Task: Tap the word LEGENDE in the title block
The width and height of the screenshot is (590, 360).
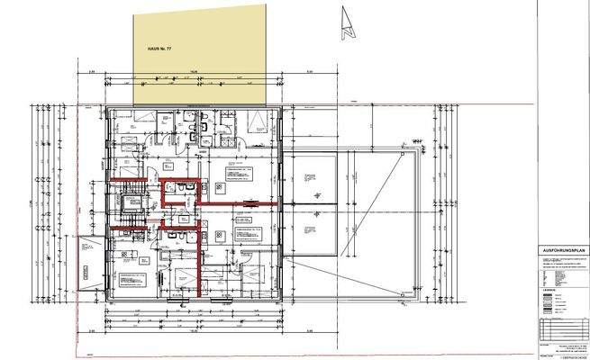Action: click(x=549, y=290)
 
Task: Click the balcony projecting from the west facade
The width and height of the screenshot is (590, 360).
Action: click(x=91, y=265)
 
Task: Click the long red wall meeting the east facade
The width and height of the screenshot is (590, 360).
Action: click(x=239, y=205)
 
